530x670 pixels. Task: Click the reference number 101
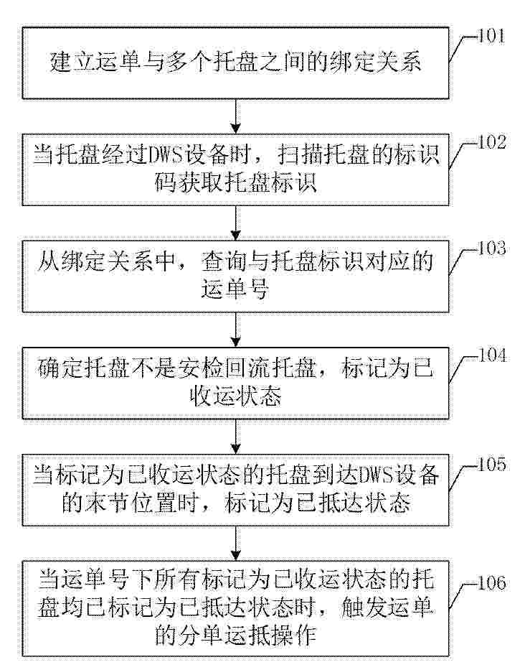pos(491,36)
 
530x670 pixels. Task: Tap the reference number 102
pos(491,142)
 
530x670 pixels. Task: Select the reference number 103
pos(491,248)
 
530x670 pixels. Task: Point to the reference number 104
pos(491,355)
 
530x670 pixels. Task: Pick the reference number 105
pos(491,465)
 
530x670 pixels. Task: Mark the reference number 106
pos(491,583)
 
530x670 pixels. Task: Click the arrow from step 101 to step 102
pos(235,116)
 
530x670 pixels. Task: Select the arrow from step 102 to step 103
pos(235,223)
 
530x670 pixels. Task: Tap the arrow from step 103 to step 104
pos(235,330)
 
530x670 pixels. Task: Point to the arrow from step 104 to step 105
pos(235,437)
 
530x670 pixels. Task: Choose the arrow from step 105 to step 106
pos(235,543)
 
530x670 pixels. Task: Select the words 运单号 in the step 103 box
pos(235,289)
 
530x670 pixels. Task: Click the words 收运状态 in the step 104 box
pos(235,396)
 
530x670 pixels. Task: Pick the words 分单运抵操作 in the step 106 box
pos(235,635)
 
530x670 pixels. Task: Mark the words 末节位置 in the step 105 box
pos(130,503)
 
